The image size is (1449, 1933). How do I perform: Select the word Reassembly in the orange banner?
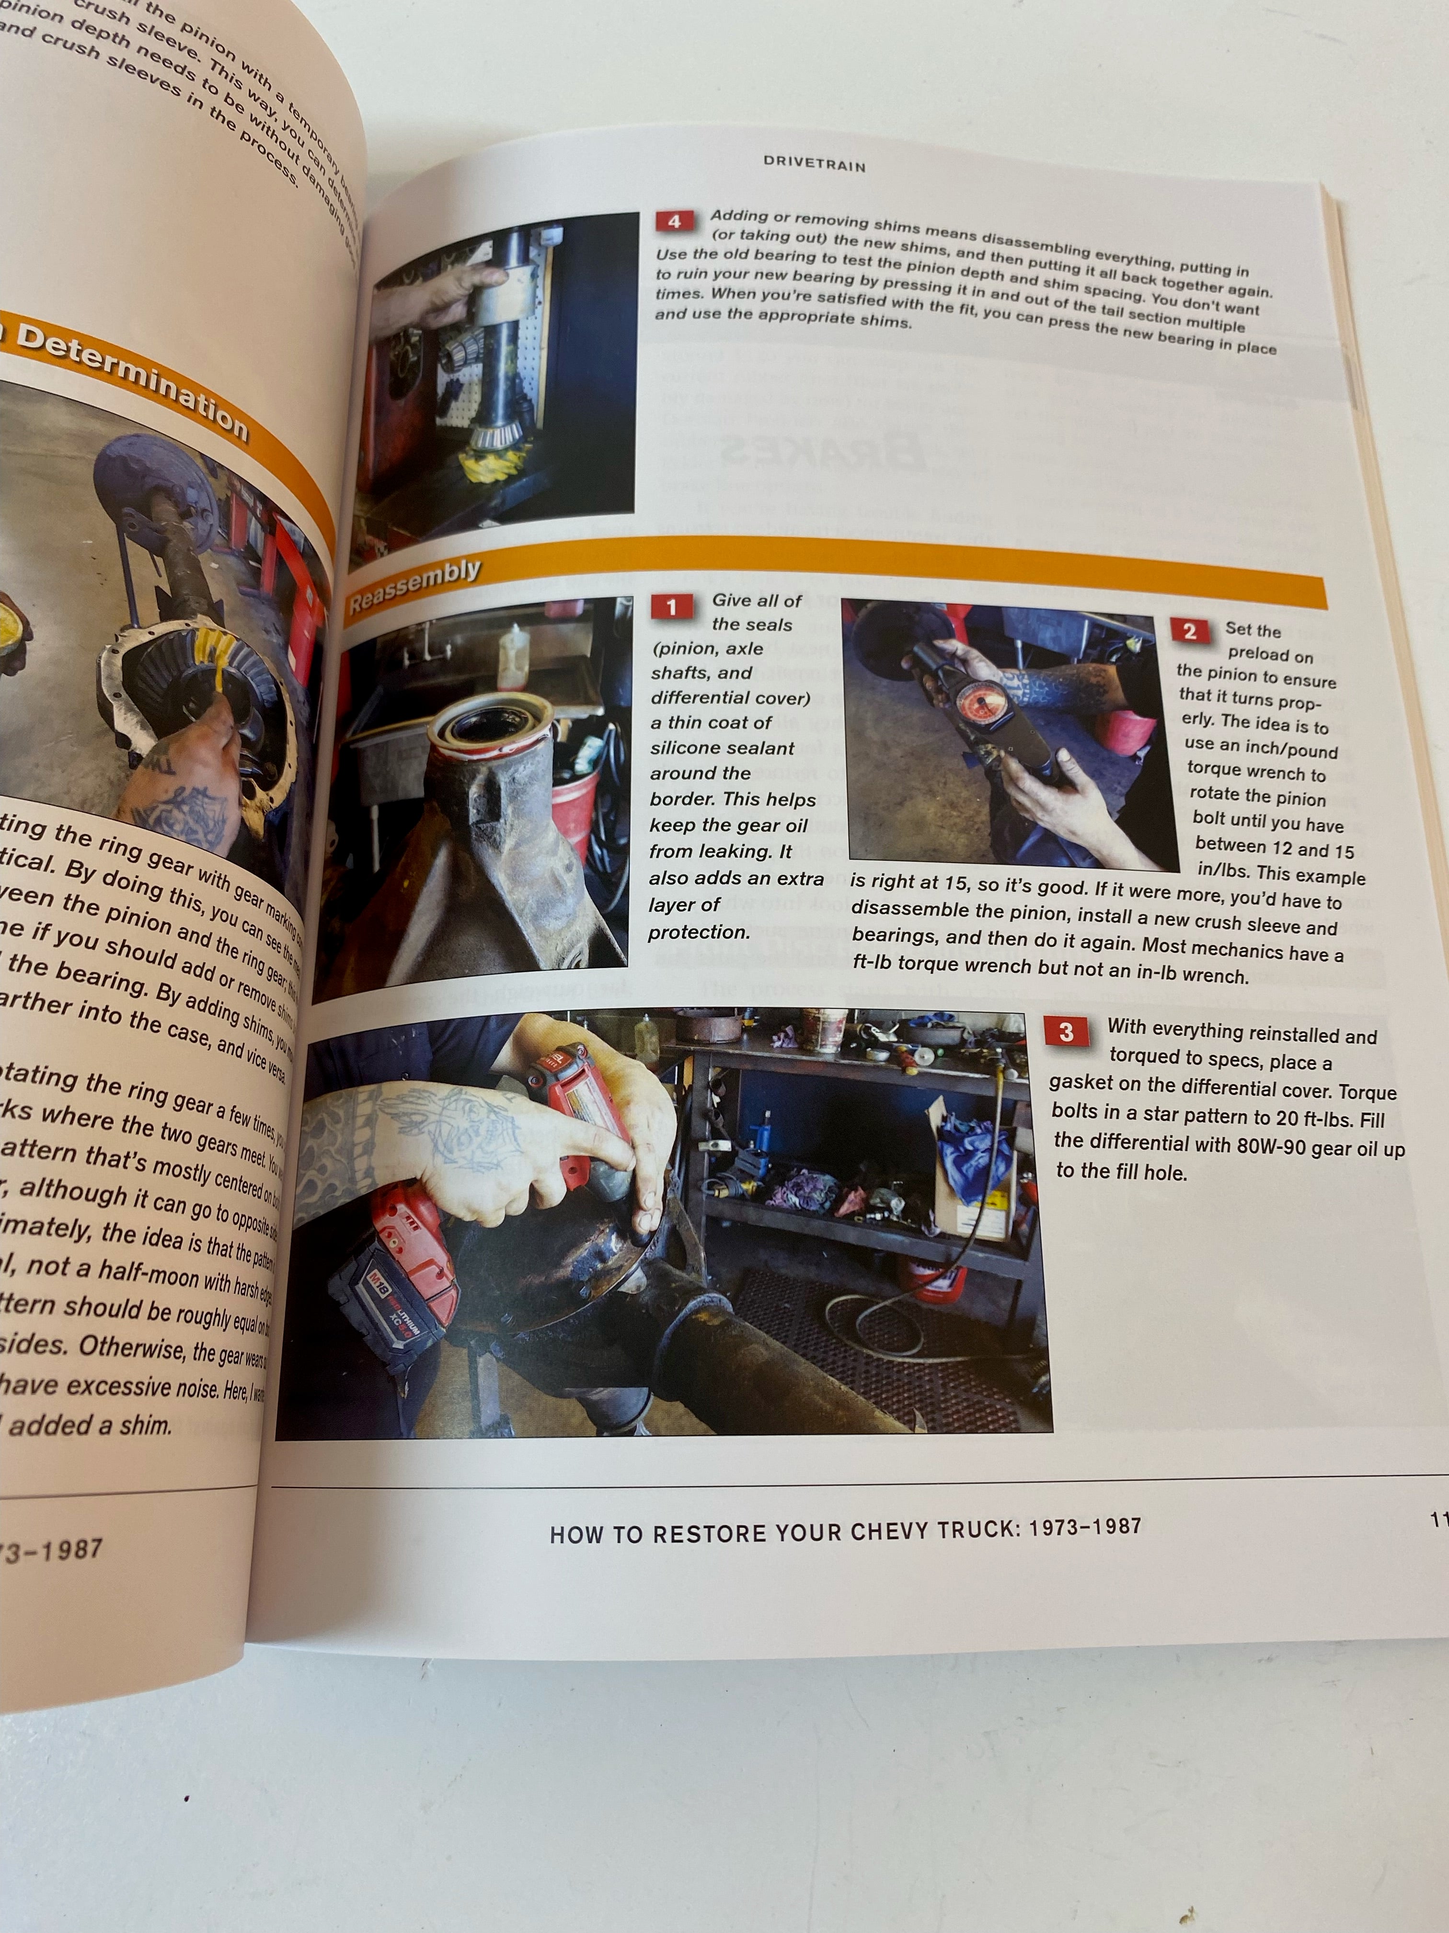pos(415,585)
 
